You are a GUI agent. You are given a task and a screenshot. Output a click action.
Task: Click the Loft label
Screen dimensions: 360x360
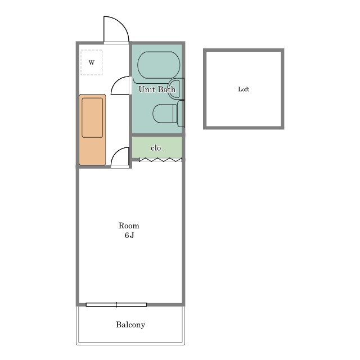[x=244, y=89]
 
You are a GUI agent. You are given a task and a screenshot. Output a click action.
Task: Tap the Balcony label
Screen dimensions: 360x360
[x=130, y=325]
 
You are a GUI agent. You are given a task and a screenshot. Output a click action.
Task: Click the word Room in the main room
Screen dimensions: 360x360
[x=129, y=226]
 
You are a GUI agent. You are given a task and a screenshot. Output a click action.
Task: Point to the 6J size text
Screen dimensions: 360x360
[x=129, y=235]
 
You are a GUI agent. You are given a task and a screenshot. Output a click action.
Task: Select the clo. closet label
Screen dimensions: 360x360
[x=157, y=148]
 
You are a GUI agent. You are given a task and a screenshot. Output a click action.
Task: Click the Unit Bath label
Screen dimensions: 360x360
[x=157, y=89]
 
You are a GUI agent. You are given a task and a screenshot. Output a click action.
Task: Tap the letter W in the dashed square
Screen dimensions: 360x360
[x=91, y=62]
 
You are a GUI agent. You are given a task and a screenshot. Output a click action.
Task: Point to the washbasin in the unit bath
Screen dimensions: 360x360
[x=176, y=89]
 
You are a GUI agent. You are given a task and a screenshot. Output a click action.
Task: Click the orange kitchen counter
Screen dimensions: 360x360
[x=92, y=129]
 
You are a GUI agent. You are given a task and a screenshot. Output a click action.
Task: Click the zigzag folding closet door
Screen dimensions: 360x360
[x=160, y=160]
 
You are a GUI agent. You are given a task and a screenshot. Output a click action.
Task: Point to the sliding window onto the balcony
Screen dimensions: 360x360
[x=116, y=305]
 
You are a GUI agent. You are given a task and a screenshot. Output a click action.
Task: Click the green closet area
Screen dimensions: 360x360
[x=157, y=147]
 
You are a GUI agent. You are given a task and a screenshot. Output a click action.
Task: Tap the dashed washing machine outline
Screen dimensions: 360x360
[x=91, y=62]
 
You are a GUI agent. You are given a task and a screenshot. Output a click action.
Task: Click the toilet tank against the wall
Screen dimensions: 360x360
[x=181, y=114]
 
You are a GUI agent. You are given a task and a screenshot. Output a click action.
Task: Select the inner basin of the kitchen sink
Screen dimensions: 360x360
[x=92, y=118]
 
